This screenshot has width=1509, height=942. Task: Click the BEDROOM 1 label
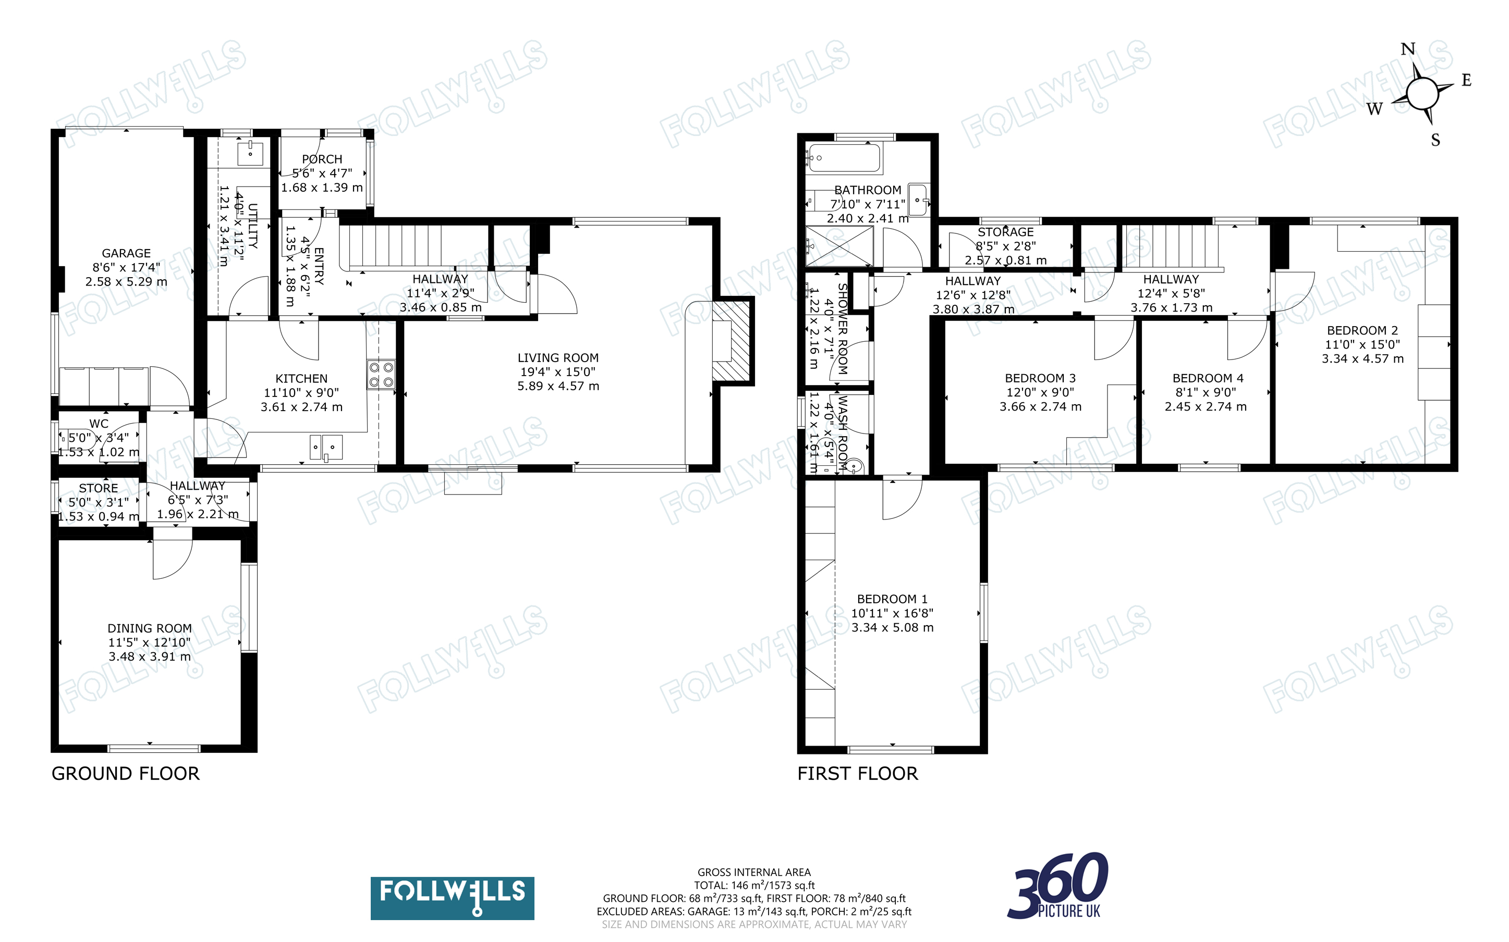(x=892, y=599)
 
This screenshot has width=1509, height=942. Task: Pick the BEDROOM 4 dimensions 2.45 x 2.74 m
(x=1206, y=407)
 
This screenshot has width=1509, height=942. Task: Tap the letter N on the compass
(x=1407, y=49)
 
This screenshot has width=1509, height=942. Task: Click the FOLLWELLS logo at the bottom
(x=452, y=898)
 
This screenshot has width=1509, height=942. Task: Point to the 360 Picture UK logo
(x=1058, y=886)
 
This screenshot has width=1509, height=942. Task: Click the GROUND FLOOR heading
(x=125, y=774)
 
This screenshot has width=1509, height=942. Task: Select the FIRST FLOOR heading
(x=858, y=774)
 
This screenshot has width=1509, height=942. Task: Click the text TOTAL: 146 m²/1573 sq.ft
(x=754, y=885)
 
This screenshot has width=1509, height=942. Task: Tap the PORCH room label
(x=322, y=159)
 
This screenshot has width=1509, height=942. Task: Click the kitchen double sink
(x=326, y=447)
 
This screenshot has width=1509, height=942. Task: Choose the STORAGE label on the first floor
(x=1005, y=232)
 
